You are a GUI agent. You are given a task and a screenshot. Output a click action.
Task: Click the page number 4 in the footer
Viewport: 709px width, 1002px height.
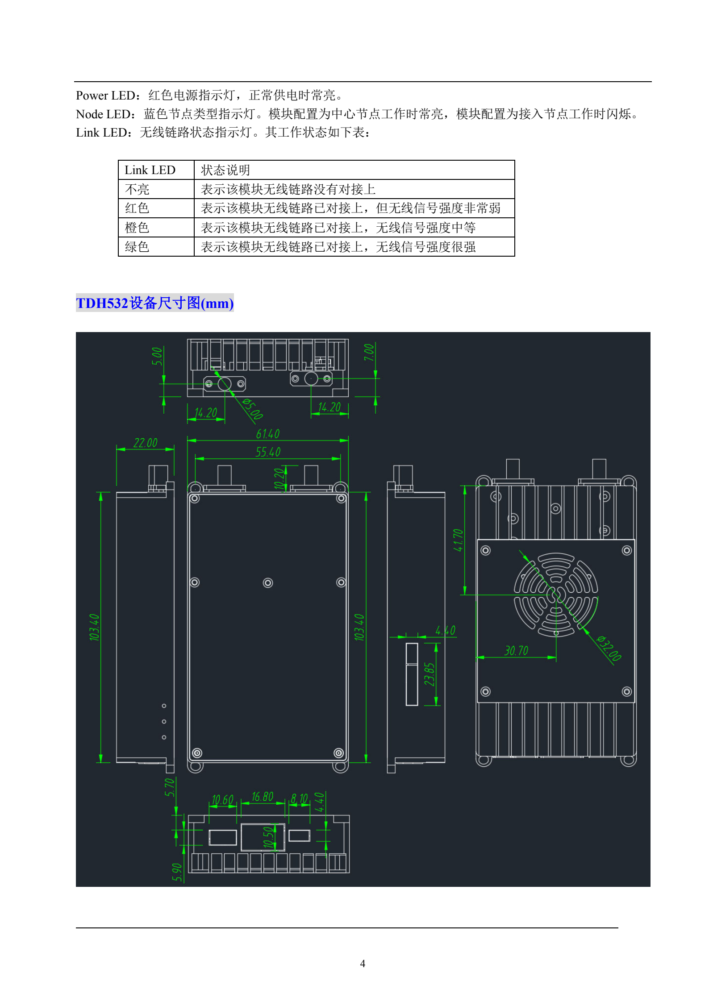click(x=363, y=964)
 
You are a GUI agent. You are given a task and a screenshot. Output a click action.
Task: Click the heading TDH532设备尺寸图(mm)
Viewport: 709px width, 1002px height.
click(x=155, y=303)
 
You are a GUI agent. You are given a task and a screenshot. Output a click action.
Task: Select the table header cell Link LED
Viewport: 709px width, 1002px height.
click(x=150, y=170)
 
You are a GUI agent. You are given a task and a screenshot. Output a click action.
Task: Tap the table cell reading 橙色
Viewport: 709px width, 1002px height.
click(x=137, y=228)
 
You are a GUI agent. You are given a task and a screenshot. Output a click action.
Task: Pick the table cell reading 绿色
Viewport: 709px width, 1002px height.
click(x=137, y=247)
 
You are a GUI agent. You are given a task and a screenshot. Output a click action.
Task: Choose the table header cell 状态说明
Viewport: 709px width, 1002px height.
click(x=225, y=170)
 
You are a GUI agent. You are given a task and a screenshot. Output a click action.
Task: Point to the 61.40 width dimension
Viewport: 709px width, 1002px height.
click(x=268, y=434)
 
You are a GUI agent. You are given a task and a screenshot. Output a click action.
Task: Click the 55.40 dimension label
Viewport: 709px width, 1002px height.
click(x=268, y=452)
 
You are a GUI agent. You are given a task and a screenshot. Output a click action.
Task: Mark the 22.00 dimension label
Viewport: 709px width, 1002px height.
click(x=146, y=443)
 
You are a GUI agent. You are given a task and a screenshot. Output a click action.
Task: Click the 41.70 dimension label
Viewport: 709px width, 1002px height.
click(x=459, y=540)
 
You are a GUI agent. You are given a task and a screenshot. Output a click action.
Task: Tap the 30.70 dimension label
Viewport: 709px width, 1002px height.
click(x=516, y=651)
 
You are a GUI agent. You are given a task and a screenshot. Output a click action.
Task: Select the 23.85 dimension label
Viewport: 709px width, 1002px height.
click(x=429, y=674)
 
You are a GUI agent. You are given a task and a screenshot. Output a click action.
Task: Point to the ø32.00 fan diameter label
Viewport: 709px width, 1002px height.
click(x=609, y=648)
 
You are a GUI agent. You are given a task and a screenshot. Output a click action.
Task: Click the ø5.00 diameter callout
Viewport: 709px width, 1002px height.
click(x=252, y=409)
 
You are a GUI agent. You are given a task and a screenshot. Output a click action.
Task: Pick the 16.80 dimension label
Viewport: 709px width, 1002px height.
click(x=263, y=797)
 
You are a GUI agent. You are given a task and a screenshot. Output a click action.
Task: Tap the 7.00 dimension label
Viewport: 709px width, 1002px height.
click(x=369, y=352)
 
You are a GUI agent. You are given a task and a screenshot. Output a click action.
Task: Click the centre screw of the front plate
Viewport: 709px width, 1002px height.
click(x=268, y=582)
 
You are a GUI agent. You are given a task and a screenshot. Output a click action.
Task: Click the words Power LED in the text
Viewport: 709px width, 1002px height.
click(x=105, y=96)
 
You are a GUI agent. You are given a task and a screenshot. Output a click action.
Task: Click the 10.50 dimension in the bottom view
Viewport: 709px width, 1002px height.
click(x=268, y=837)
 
